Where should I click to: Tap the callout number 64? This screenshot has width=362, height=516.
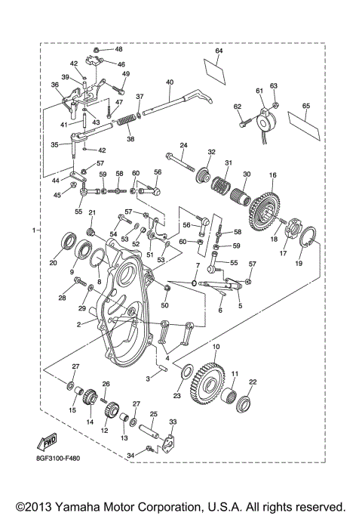[219, 51]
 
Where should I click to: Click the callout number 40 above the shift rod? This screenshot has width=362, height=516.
[170, 82]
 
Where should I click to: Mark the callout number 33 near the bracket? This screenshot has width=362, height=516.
[173, 422]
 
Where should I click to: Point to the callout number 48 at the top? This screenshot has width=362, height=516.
[118, 49]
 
